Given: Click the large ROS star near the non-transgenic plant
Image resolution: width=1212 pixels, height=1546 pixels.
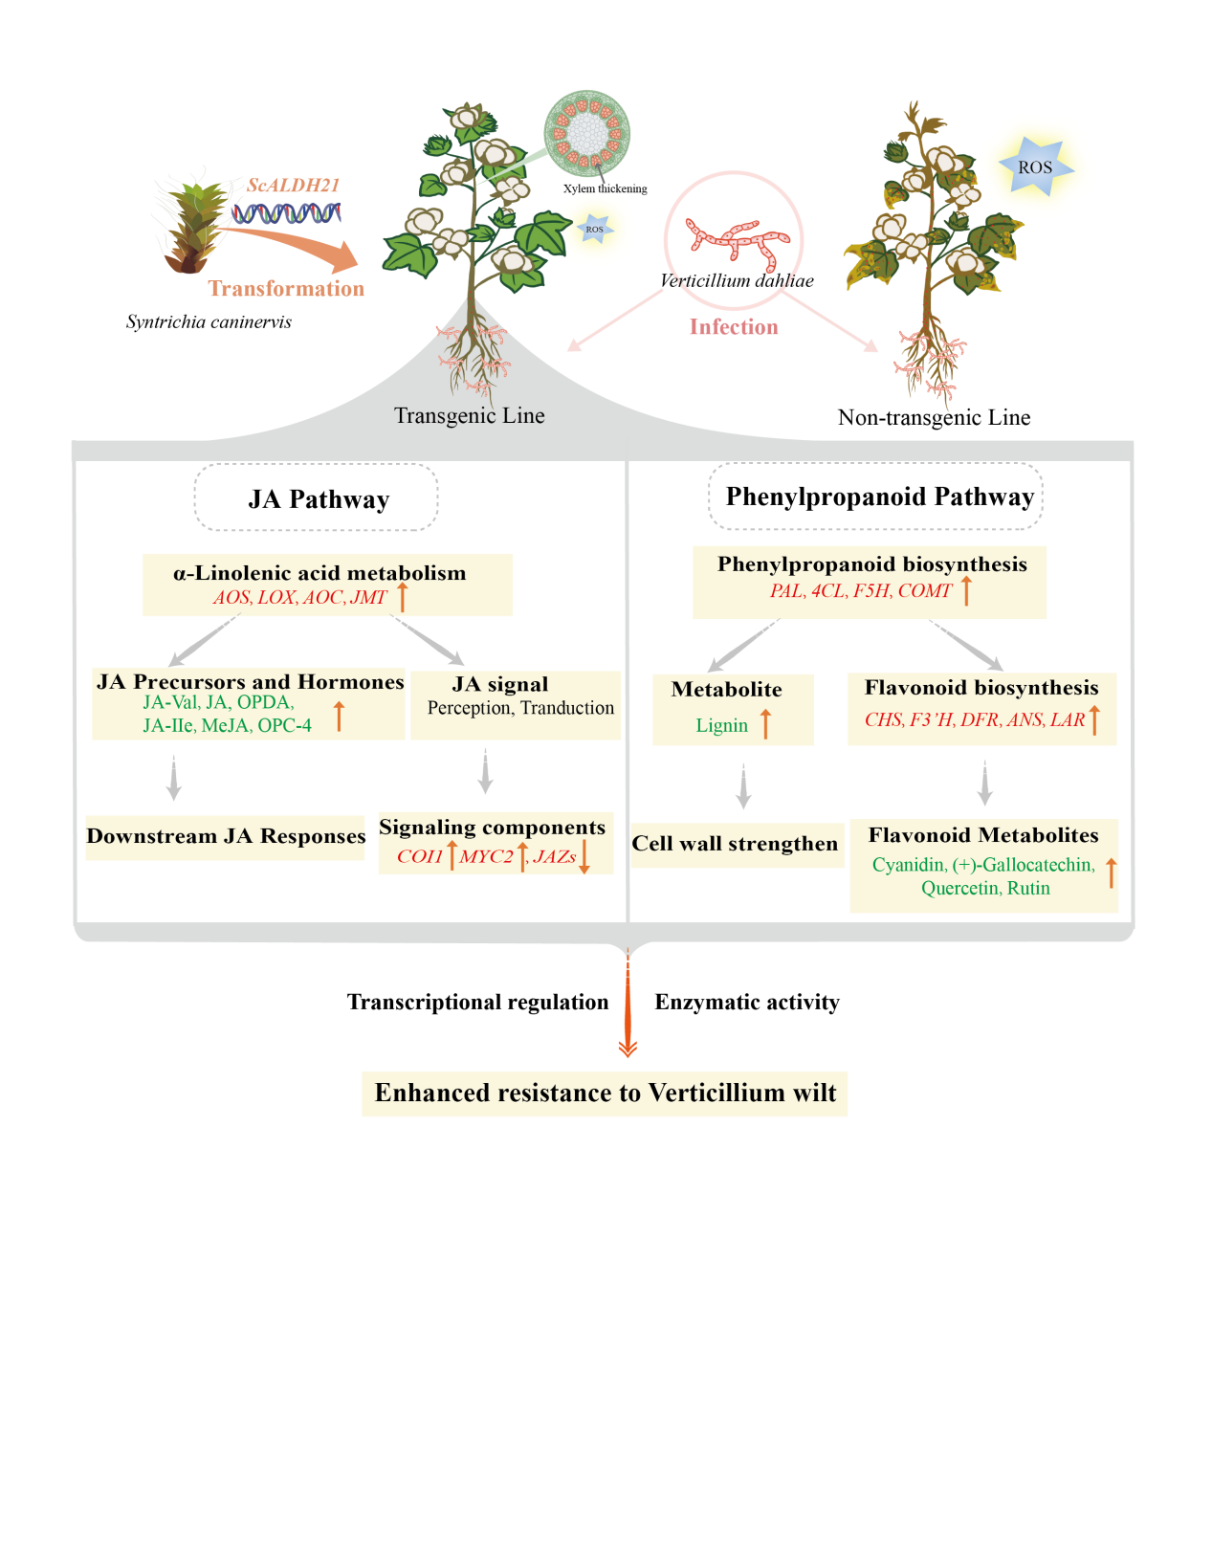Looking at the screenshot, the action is (x=1035, y=166).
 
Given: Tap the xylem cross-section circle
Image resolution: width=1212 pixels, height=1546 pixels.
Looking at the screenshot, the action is (x=586, y=133).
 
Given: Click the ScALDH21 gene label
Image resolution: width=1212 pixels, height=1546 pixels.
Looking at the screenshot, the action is (x=293, y=185).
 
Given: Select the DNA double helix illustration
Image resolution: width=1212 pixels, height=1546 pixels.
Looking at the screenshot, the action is (x=287, y=212).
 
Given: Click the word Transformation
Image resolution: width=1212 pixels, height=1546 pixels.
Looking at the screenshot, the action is (x=286, y=288).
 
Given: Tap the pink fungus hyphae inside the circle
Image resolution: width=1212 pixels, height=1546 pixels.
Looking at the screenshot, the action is (x=737, y=242).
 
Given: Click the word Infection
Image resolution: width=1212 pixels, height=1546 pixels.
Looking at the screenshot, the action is (x=734, y=326).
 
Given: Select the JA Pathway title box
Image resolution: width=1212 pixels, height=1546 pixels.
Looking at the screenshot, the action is (x=316, y=497).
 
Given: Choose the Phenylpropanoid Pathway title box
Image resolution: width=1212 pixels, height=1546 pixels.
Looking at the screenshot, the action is (x=875, y=496).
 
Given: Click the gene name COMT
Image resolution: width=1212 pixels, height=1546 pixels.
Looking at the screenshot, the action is (x=925, y=590).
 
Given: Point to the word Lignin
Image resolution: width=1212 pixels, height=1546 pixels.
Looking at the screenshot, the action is (x=721, y=725).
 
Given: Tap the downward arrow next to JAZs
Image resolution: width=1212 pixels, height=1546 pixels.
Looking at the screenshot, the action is (x=584, y=856).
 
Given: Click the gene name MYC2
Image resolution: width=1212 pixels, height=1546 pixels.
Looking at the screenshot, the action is (x=486, y=856).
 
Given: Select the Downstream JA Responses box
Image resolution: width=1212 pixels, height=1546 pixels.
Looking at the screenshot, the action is (x=226, y=837).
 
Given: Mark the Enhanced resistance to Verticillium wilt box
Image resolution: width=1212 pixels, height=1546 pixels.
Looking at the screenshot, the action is (x=605, y=1093).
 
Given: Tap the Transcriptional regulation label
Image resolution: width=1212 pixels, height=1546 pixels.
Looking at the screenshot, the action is (x=477, y=1002).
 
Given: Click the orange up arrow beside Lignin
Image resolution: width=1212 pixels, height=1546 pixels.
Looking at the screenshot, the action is (x=765, y=723).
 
